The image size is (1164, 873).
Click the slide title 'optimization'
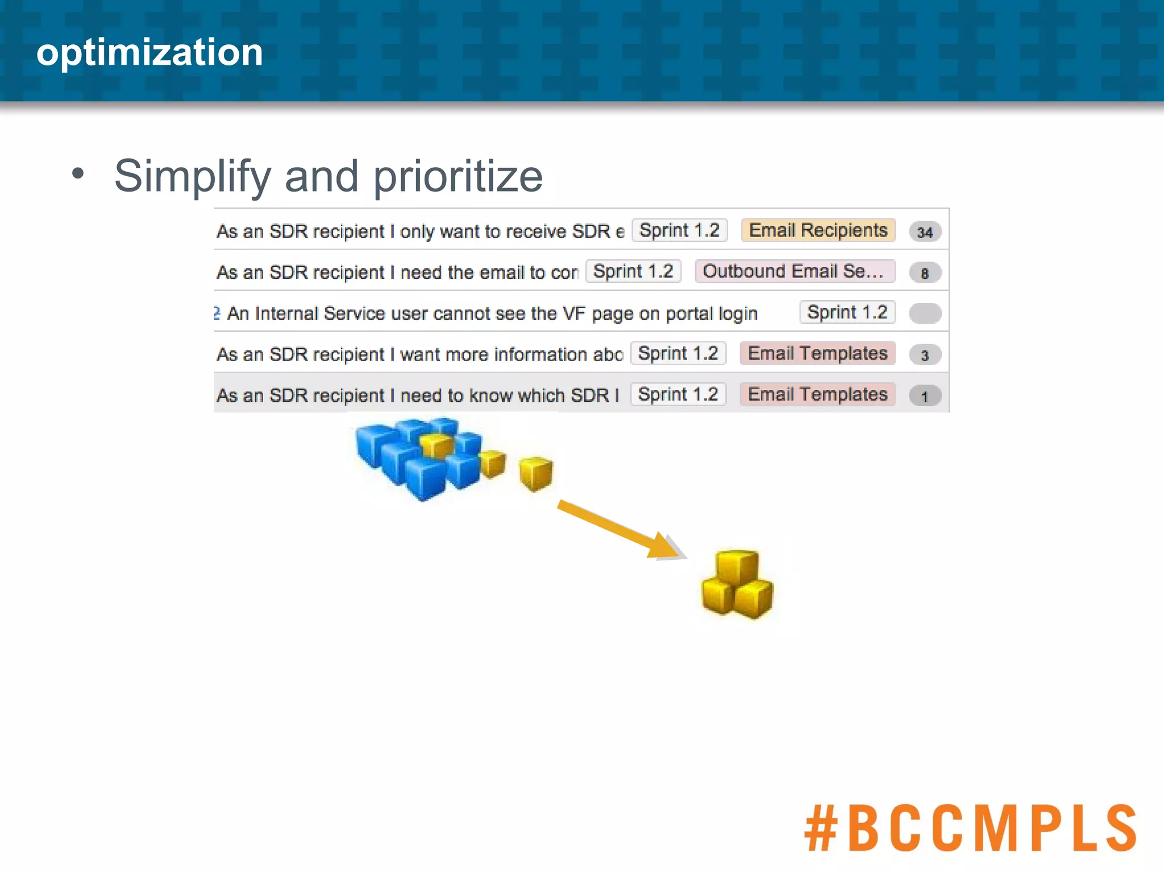[149, 52]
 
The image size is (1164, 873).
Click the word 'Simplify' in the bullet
[192, 176]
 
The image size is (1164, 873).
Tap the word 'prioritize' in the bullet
[458, 176]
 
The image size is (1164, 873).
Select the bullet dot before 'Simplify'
[78, 173]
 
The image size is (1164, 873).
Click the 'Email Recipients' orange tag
[817, 230]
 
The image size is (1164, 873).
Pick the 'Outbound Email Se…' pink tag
[794, 271]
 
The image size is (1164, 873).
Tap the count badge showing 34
[925, 232]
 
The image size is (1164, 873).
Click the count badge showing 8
[925, 273]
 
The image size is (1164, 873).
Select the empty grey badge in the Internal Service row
[925, 313]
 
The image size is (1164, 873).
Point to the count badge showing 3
[925, 355]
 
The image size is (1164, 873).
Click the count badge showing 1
[925, 396]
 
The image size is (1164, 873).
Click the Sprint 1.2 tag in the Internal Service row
[847, 312]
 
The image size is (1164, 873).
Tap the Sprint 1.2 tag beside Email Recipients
[679, 230]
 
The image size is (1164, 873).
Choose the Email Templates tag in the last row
[817, 394]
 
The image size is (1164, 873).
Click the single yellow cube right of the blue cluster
[536, 473]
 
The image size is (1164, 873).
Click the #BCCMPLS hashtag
[970, 828]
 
